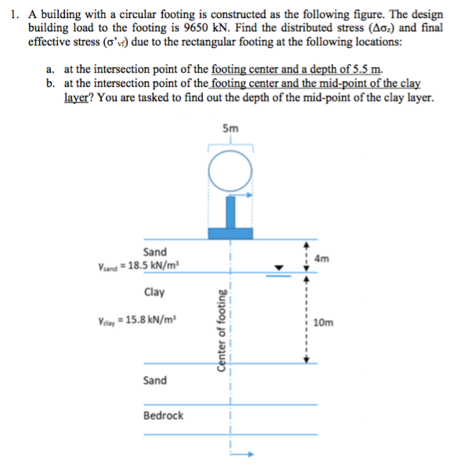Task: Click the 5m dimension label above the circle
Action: coord(231,129)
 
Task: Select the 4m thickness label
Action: coord(321,257)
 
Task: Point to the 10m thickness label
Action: coord(322,321)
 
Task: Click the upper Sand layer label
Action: coord(155,251)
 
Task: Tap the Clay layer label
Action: coord(155,293)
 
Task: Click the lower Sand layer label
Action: coord(155,380)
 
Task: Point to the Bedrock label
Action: coord(163,415)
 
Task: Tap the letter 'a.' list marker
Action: coord(52,69)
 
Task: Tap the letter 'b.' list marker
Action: coord(52,82)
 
